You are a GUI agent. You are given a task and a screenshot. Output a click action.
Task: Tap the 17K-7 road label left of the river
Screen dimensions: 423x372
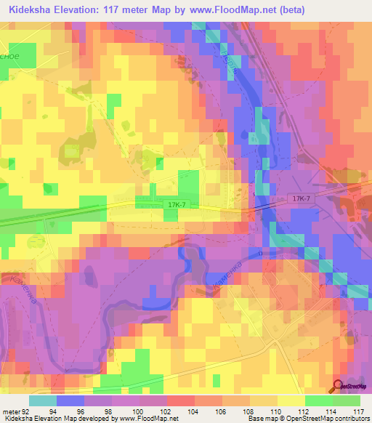(x=175, y=206)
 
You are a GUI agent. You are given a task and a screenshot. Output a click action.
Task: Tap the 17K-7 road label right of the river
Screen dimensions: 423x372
(x=301, y=198)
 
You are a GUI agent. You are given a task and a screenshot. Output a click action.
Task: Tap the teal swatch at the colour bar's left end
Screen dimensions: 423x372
(x=43, y=400)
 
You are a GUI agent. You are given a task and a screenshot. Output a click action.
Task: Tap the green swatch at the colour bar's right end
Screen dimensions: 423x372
(x=346, y=400)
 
